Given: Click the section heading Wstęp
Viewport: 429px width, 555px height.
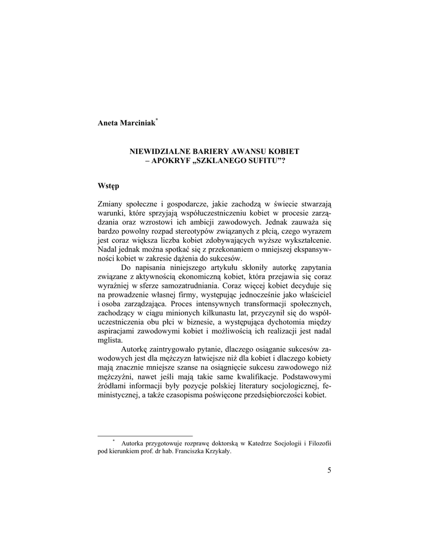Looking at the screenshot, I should tap(108, 186).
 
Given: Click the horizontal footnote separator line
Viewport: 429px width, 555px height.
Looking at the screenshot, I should tap(145, 435).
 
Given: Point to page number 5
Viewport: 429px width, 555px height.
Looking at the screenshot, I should tap(329, 469).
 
